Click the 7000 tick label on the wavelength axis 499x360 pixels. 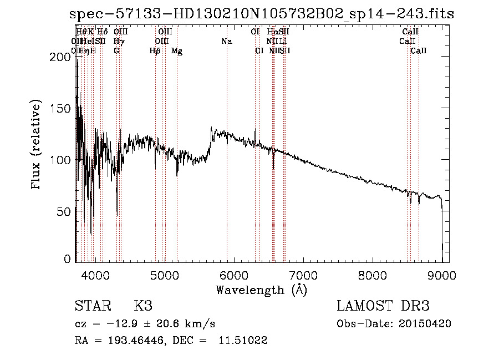tap(303, 275)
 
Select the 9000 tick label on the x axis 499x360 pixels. tap(442, 275)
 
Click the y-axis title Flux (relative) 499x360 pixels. tap(37, 145)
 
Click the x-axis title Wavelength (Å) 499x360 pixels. tap(261, 290)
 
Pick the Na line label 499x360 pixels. tap(226, 42)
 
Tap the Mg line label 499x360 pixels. tap(177, 51)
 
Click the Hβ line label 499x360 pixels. tap(155, 51)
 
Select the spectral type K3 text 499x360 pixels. tap(142, 306)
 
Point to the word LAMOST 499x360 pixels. tap(363, 306)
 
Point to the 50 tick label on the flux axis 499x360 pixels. tap(67, 211)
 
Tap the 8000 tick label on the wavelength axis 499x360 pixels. tap(373, 275)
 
